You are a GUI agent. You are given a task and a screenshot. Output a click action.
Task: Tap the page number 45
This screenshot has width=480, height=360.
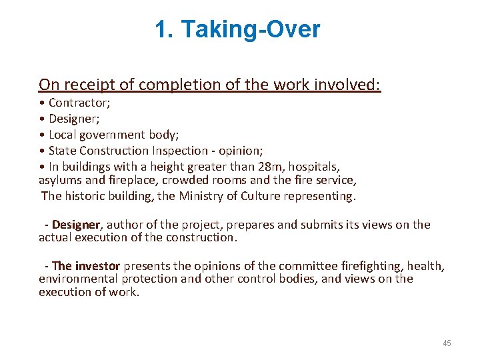447,343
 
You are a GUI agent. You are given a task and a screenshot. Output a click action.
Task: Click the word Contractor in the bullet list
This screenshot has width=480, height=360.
79,103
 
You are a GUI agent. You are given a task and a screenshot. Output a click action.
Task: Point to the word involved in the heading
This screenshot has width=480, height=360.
347,85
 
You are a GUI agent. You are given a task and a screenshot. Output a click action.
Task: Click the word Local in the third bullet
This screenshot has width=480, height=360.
63,135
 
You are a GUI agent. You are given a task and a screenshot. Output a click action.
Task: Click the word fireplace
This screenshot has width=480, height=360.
118,180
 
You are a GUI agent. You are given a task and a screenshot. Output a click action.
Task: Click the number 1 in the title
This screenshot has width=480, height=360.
161,30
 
